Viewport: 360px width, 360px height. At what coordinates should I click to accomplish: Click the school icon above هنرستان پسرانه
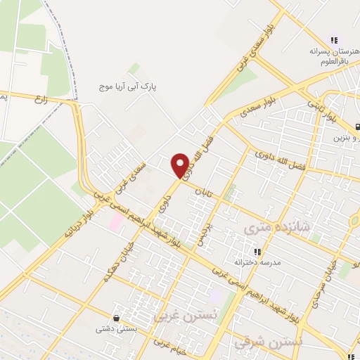(x=335, y=40)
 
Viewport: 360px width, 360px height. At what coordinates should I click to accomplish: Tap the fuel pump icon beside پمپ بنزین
(x=357, y=127)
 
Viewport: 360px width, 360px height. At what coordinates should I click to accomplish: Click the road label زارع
(x=44, y=100)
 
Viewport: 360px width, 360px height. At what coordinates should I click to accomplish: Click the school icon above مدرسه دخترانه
(x=257, y=250)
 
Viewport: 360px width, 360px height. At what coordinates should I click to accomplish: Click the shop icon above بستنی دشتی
(x=115, y=318)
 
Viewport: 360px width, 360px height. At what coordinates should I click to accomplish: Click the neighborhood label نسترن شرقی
(x=277, y=341)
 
